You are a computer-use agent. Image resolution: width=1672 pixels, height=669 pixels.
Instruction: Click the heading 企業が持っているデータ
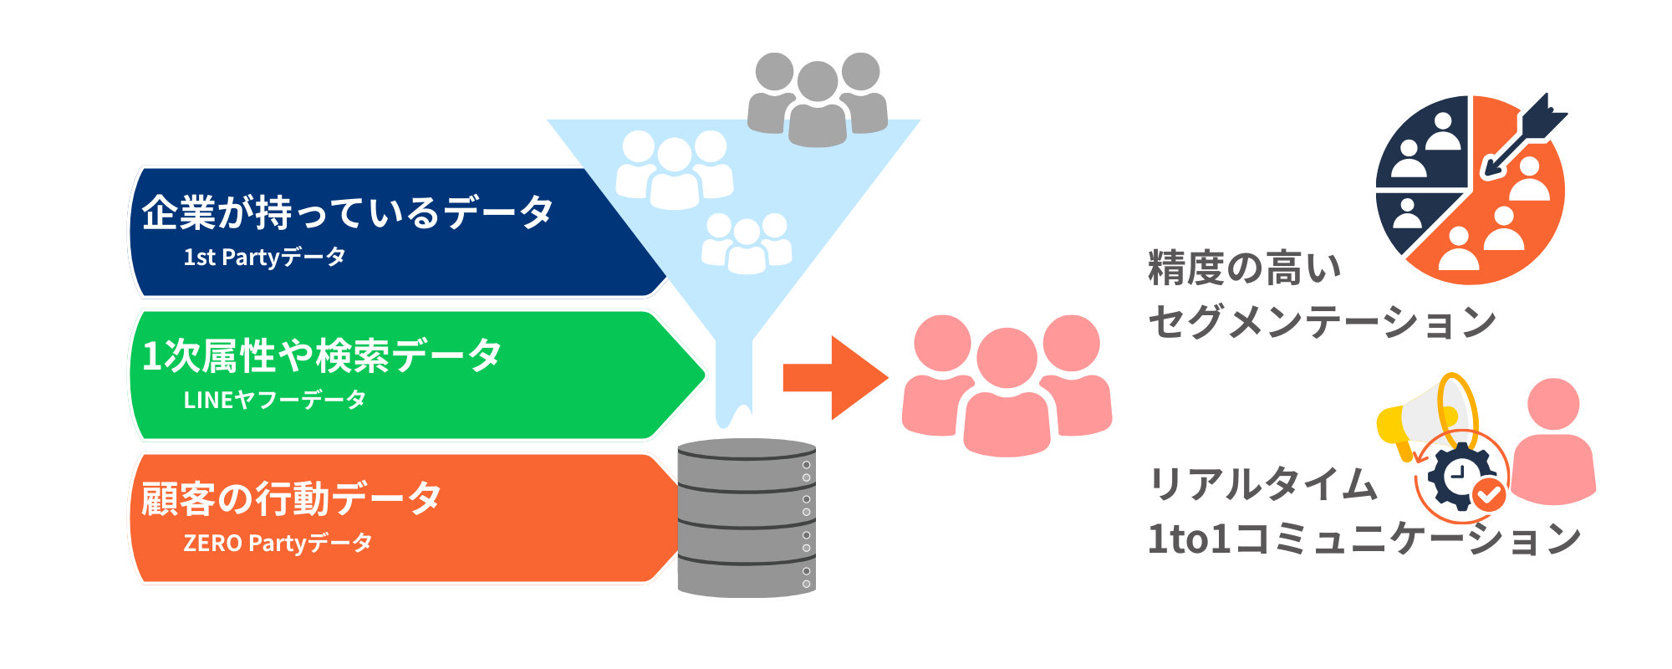pos(347,212)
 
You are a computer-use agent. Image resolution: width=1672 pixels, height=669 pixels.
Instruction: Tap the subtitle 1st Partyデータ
pos(264,258)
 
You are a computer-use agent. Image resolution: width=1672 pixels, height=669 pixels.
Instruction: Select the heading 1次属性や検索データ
pos(322,356)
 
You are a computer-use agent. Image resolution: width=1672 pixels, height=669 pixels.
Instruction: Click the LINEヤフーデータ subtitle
pos(274,401)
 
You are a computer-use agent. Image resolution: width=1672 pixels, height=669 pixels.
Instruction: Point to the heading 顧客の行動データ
pos(291,499)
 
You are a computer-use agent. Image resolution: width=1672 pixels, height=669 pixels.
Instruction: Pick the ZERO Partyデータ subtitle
pos(278,544)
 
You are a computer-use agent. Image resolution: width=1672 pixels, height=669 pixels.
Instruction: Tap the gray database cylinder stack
pos(747,518)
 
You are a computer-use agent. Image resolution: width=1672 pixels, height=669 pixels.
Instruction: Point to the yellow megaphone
pos(1421,418)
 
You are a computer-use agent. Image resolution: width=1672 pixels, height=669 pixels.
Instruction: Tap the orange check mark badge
pos(1489,495)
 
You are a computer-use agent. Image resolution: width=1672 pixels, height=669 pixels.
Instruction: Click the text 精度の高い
pos(1245,268)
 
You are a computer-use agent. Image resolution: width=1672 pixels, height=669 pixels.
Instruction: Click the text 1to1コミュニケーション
pos(1364,539)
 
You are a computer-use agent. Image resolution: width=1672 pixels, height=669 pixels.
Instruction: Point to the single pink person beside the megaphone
pos(1553,443)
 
